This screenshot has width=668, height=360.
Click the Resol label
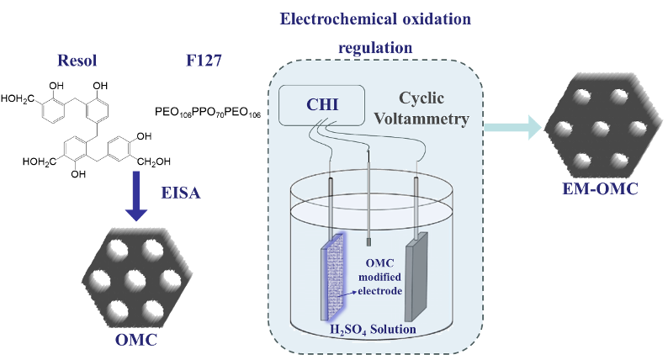click(x=77, y=61)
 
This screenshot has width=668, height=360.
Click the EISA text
click(x=179, y=194)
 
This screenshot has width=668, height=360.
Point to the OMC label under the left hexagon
click(x=136, y=340)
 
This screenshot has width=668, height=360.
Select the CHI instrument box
click(x=320, y=106)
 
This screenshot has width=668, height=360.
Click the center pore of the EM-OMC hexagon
click(x=600, y=128)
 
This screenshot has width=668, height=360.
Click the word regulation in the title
click(x=375, y=47)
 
